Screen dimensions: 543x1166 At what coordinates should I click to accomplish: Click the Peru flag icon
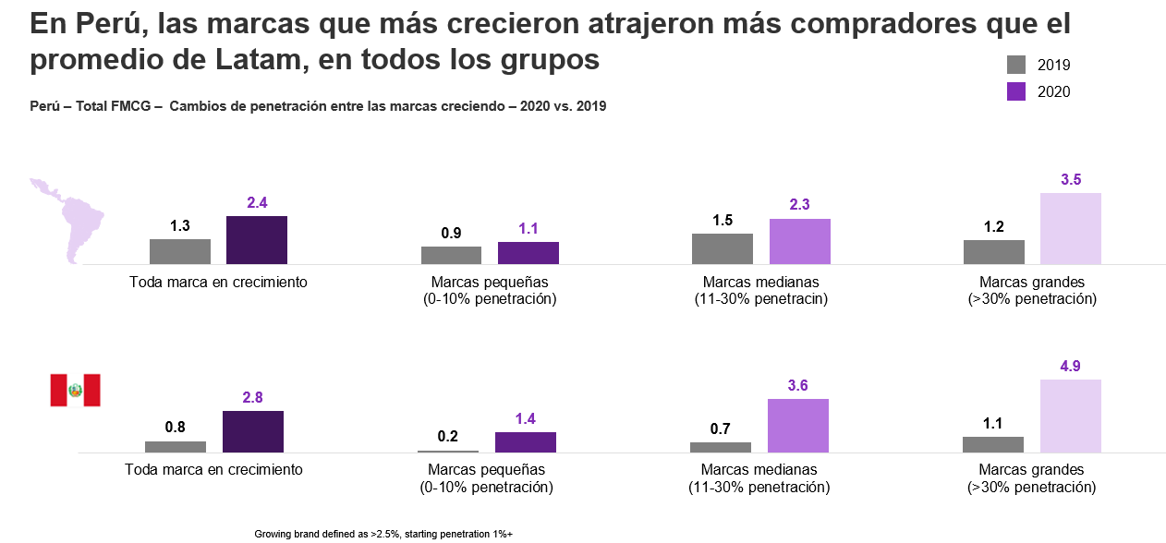[75, 391]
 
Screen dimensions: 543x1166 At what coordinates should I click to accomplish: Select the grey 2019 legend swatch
[1016, 65]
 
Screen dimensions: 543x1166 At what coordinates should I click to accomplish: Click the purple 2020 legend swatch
[1016, 91]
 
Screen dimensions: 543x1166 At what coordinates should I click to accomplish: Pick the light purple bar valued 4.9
[1071, 416]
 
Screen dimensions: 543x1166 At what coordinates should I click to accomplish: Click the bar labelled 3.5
[1071, 228]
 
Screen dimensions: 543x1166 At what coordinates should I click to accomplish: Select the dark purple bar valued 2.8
[253, 431]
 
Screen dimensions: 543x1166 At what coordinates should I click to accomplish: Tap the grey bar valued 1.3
[180, 251]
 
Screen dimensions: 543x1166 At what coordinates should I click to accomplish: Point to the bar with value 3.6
[798, 425]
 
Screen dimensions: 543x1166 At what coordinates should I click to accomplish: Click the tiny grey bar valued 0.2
[448, 451]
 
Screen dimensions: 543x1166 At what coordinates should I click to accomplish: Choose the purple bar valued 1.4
[526, 441]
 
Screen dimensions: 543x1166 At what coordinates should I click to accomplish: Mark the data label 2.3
[800, 205]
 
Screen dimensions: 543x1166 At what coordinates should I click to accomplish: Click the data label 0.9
[452, 233]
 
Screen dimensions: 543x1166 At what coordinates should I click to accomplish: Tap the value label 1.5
[723, 220]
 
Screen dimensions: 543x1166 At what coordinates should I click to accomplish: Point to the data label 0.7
[721, 428]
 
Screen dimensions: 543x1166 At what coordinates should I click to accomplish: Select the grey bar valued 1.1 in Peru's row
[993, 444]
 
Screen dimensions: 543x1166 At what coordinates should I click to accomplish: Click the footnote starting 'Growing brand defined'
[383, 534]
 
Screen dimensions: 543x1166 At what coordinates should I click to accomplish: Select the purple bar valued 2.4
[257, 240]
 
